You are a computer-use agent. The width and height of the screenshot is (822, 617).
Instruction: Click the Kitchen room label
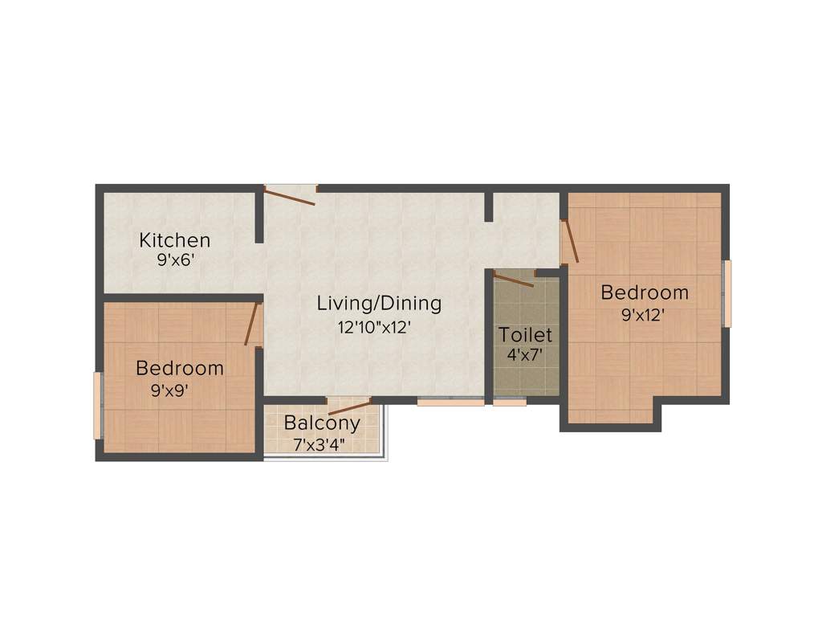tap(174, 239)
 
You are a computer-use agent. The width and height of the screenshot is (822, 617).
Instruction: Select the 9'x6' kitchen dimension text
tap(174, 259)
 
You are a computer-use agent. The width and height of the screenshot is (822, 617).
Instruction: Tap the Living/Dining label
tap(379, 304)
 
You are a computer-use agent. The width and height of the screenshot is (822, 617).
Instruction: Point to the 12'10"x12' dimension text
tap(379, 327)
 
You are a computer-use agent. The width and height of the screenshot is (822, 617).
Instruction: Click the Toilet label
tap(526, 334)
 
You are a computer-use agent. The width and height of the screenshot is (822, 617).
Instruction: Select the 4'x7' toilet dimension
tap(526, 353)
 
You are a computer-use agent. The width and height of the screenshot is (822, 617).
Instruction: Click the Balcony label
tap(322, 423)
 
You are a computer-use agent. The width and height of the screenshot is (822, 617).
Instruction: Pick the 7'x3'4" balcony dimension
tap(322, 442)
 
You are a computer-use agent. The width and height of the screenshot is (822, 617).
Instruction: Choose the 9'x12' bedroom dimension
tap(645, 315)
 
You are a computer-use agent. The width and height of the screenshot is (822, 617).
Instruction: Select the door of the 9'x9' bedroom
tap(253, 324)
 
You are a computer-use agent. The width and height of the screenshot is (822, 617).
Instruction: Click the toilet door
tap(514, 279)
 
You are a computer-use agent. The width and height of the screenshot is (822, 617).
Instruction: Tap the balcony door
tap(349, 406)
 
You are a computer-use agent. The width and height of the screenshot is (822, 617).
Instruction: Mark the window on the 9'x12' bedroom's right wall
tap(727, 293)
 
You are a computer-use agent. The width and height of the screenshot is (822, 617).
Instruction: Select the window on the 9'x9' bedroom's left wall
tap(98, 406)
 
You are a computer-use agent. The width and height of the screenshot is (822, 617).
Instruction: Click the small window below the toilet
tap(510, 402)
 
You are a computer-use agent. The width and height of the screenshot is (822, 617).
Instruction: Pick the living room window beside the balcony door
tap(450, 402)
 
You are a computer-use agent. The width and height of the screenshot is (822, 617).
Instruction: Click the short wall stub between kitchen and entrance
tap(259, 215)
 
